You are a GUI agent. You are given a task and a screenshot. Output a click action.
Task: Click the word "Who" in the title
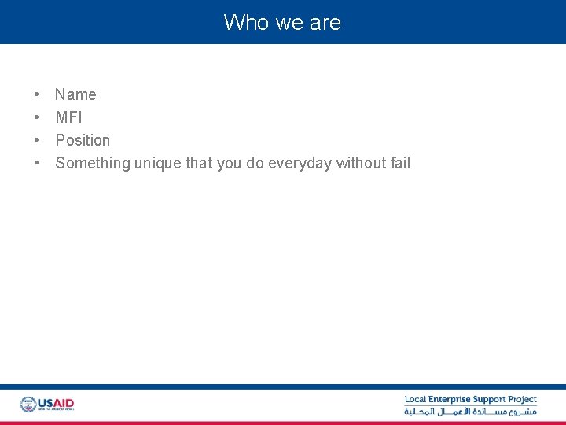pyautogui.click(x=241, y=22)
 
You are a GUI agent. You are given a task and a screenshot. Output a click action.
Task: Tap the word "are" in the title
pyautogui.click(x=325, y=22)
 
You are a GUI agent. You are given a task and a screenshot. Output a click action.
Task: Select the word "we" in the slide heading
pyautogui.click(x=283, y=22)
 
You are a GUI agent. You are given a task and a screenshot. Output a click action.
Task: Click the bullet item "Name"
pyautogui.click(x=75, y=94)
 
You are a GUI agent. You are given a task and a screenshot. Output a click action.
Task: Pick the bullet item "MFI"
pyautogui.click(x=68, y=117)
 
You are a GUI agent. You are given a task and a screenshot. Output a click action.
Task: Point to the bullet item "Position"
pyautogui.click(x=83, y=140)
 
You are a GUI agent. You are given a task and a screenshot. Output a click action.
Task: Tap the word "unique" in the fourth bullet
pyautogui.click(x=158, y=163)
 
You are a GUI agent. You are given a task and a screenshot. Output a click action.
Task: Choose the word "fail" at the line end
pyautogui.click(x=400, y=163)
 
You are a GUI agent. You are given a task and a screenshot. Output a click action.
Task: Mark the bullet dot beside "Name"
pyautogui.click(x=37, y=95)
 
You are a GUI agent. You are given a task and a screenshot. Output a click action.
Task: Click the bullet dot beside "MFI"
pyautogui.click(x=37, y=118)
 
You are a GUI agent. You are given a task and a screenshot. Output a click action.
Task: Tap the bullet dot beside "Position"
pyautogui.click(x=37, y=141)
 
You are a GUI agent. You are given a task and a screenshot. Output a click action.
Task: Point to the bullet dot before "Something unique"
pyautogui.click(x=37, y=164)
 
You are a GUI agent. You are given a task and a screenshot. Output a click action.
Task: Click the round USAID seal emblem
pyautogui.click(x=28, y=405)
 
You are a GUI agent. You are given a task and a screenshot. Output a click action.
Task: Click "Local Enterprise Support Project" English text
pyautogui.click(x=470, y=400)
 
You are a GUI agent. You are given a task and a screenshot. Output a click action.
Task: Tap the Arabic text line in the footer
pyautogui.click(x=470, y=412)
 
